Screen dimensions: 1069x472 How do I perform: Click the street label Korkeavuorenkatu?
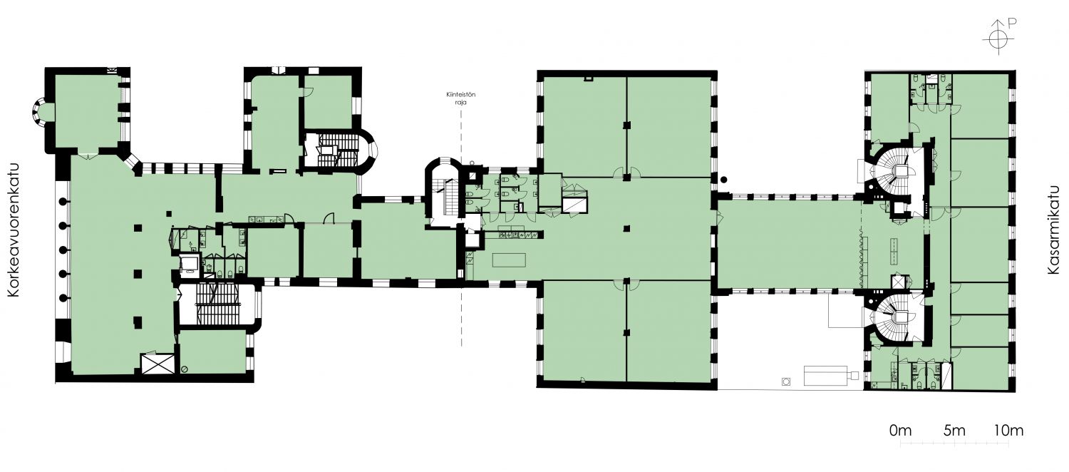14,230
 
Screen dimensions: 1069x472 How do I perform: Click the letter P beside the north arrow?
1008,36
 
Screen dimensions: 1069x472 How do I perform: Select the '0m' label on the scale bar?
900,431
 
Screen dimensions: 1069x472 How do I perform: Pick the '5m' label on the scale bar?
954,431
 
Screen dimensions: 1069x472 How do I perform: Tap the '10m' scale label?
1009,431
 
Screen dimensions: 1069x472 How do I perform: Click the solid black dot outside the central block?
724,180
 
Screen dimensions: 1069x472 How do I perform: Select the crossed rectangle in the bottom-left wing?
157,364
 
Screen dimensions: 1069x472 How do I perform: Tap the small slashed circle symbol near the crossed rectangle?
184,369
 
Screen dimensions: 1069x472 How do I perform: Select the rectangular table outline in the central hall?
510,260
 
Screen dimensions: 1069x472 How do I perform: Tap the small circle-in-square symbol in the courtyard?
786,381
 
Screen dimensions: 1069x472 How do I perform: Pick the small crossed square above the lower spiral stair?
898,282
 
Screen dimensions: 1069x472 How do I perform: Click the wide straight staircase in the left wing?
217,304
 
